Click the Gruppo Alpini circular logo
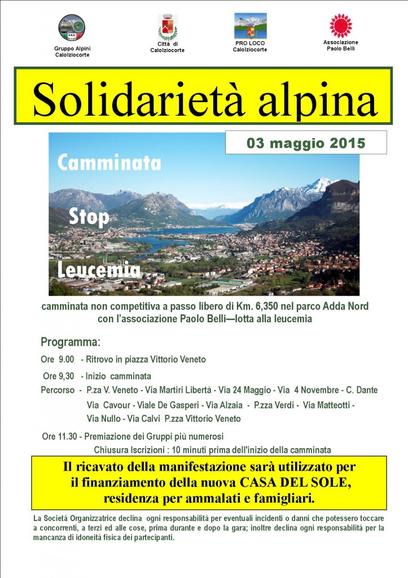pos(72,28)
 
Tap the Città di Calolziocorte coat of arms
pos(167,27)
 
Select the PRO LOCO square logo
pos(250,26)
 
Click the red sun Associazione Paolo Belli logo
pos(340,26)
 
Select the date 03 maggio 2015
pos(306,143)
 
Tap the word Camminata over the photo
pos(109,163)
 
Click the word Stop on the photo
pos(89,217)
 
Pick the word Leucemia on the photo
pos(99,271)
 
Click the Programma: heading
pos(71,342)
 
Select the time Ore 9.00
pos(58,360)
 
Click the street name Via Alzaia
pos(224,405)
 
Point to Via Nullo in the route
pos(103,419)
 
